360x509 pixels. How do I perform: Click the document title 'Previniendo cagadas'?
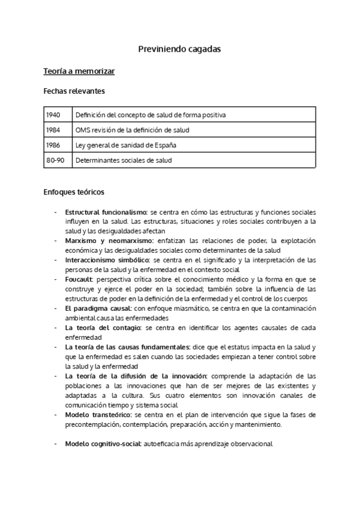coord(179,49)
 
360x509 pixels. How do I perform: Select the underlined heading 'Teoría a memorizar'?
coord(79,71)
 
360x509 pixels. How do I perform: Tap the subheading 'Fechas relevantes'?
coord(74,91)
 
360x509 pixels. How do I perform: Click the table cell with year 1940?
coord(53,115)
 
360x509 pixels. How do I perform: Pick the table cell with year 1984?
coord(53,130)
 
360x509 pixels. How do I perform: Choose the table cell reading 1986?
coord(53,145)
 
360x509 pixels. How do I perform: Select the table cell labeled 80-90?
coord(55,160)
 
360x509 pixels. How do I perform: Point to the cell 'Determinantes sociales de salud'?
coord(123,160)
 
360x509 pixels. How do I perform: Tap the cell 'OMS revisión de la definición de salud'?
coord(132,130)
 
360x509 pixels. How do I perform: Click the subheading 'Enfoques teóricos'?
coord(74,192)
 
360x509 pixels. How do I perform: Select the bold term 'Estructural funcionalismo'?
coord(106,212)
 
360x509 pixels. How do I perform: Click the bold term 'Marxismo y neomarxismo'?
coord(109,241)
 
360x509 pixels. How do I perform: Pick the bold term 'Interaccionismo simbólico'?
coord(107,260)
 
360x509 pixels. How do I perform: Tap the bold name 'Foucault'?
coord(79,279)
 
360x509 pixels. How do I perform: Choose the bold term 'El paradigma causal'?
coord(98,308)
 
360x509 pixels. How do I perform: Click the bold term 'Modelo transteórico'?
coord(98,414)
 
